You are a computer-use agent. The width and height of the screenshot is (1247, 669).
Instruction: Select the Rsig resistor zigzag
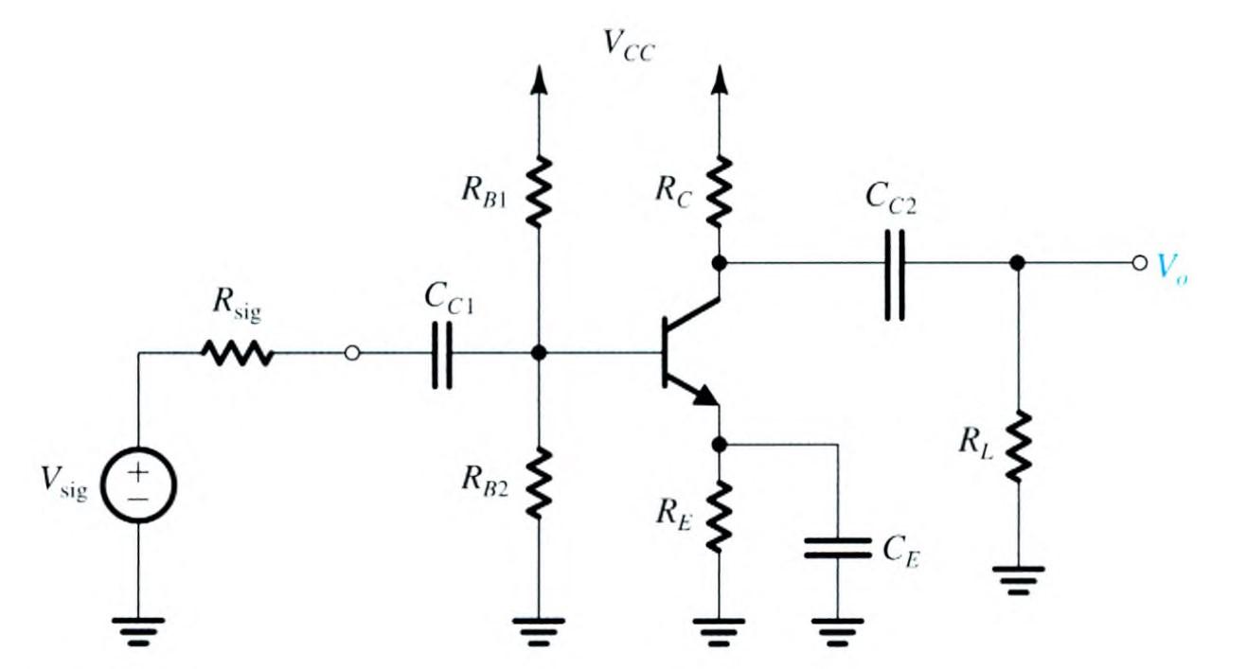(237, 354)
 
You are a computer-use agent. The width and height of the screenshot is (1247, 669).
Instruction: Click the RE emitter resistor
(720, 516)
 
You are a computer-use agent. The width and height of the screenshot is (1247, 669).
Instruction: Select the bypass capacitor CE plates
(837, 548)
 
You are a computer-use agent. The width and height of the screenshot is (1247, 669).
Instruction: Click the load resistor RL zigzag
(1017, 446)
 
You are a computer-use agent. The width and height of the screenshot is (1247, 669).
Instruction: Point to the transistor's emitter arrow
(702, 396)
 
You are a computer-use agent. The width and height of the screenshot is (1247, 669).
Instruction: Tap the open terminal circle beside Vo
(1139, 263)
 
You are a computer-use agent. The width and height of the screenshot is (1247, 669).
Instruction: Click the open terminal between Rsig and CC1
(352, 354)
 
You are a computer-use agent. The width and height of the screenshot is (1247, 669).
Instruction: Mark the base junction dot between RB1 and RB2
(539, 354)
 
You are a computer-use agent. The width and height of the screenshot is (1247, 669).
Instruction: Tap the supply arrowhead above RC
(720, 80)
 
